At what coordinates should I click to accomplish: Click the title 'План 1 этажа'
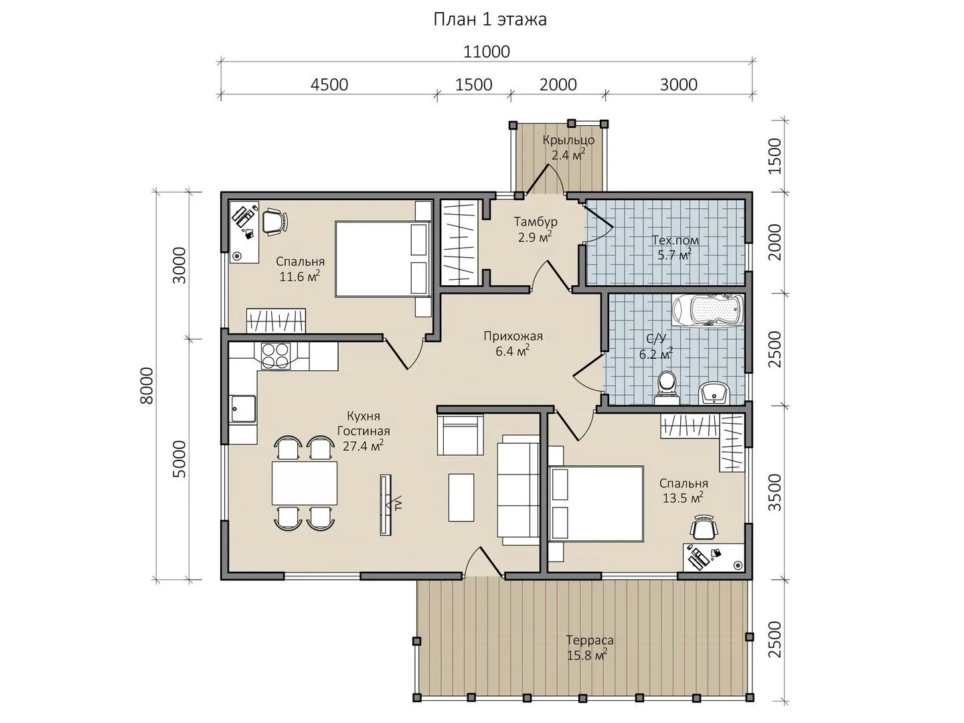click(x=489, y=20)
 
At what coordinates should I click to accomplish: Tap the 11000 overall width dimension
click(x=487, y=52)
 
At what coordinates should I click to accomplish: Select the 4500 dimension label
click(x=329, y=84)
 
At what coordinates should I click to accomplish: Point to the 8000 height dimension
click(x=147, y=386)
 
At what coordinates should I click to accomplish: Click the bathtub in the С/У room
click(x=708, y=310)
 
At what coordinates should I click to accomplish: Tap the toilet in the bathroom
click(x=666, y=388)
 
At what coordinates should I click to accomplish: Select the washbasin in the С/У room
click(x=713, y=392)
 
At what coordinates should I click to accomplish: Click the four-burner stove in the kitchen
click(x=275, y=355)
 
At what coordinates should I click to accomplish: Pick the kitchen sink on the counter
click(x=242, y=409)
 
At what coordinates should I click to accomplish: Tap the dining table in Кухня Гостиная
click(x=305, y=483)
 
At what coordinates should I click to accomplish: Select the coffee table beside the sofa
click(x=461, y=497)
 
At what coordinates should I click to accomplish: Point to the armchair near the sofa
click(x=460, y=434)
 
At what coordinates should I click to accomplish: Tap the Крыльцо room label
click(x=568, y=140)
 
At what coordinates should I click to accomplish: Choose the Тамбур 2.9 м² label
click(x=536, y=229)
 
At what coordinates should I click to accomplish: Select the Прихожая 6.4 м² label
click(x=513, y=343)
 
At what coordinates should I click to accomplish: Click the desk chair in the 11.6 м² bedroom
click(x=275, y=222)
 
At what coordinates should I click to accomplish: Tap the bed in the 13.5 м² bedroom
click(x=596, y=503)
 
